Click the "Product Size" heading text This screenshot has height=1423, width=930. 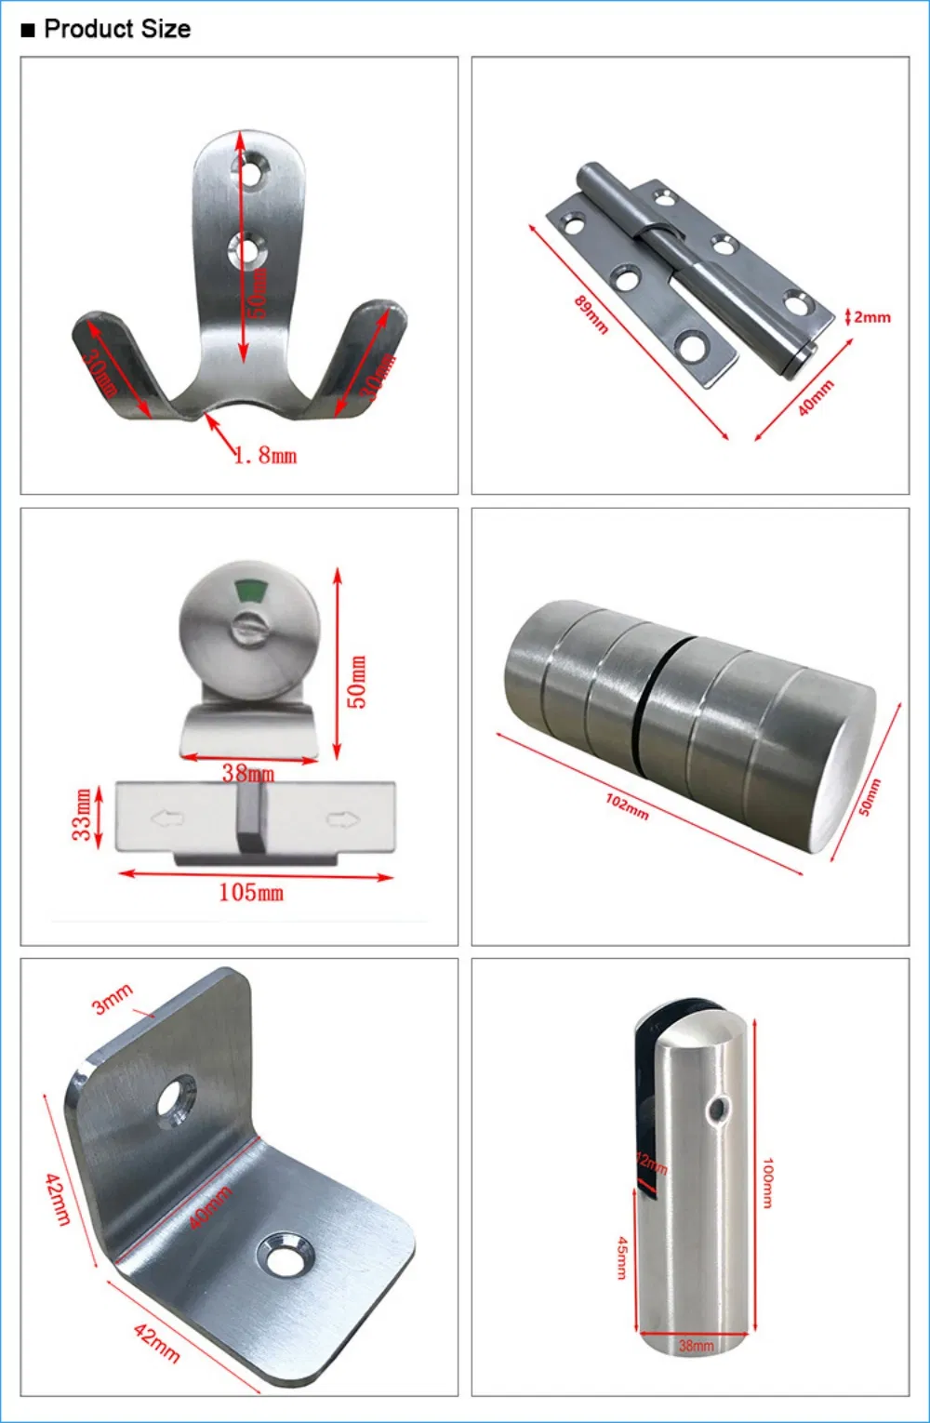pos(117,29)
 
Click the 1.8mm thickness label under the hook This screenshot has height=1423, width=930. pos(266,456)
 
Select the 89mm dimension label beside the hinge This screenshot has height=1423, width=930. pos(591,314)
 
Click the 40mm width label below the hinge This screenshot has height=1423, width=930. pos(816,397)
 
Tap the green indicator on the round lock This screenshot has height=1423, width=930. pos(250,589)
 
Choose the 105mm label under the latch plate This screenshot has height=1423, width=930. pos(250,893)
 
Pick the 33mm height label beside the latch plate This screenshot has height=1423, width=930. pos(82,815)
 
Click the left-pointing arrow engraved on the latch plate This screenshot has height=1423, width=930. pos(167,819)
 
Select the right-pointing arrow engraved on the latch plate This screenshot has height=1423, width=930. pos(342,819)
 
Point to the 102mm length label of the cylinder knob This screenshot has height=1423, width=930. pos(627,806)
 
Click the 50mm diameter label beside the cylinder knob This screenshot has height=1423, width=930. pos(869,797)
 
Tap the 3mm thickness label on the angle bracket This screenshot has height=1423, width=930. pos(113,999)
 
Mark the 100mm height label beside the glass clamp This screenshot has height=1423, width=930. pos(768,1182)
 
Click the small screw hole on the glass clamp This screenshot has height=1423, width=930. pos(716,1109)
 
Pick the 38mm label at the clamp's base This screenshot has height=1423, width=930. pos(696,1345)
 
